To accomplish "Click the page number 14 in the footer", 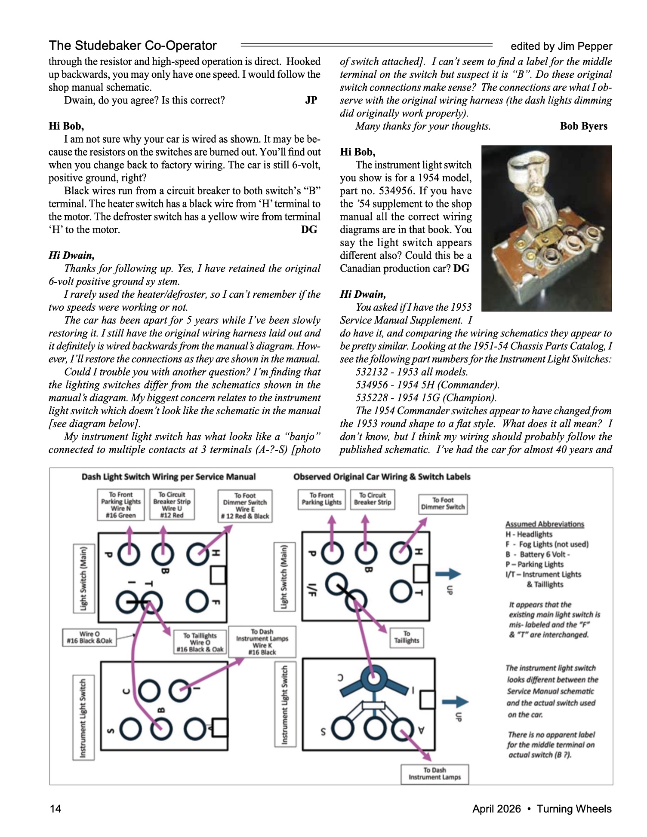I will click(55, 809).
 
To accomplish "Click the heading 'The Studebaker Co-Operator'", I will click(132, 46).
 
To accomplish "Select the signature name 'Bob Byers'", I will click(583, 126).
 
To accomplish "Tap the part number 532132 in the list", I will click(372, 372).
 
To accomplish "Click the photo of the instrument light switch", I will click(546, 228).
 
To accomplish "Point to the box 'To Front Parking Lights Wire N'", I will click(121, 505).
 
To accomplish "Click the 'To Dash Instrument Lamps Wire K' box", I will click(262, 641).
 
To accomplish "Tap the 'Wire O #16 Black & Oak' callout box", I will click(89, 637).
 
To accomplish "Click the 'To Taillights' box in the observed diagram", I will click(407, 637).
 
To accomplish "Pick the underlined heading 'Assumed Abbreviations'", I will click(545, 524).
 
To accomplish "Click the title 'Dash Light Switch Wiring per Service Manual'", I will click(169, 477).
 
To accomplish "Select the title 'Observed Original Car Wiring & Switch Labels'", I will click(382, 477).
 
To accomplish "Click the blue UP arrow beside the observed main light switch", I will click(448, 574).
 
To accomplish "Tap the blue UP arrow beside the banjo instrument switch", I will click(455, 702).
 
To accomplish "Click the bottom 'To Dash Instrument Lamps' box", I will click(434, 773).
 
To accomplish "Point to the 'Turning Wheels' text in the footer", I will click(574, 809).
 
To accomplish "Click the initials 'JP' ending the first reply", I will click(311, 100).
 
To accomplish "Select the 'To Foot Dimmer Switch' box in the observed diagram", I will click(443, 504).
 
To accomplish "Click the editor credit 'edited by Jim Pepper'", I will click(561, 46).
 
